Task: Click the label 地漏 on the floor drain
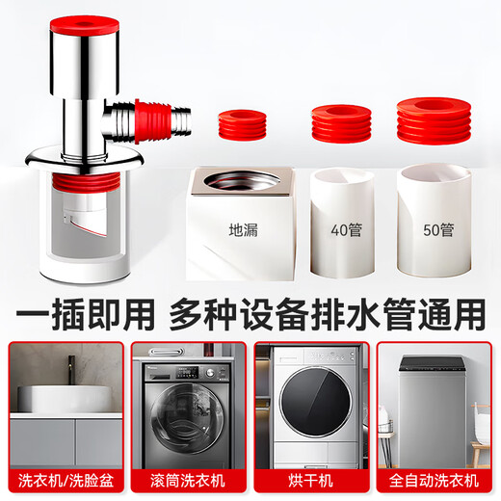click(x=242, y=231)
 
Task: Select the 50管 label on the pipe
click(x=437, y=231)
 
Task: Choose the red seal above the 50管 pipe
click(x=436, y=119)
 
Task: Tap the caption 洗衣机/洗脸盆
click(x=64, y=479)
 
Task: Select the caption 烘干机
click(x=310, y=479)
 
